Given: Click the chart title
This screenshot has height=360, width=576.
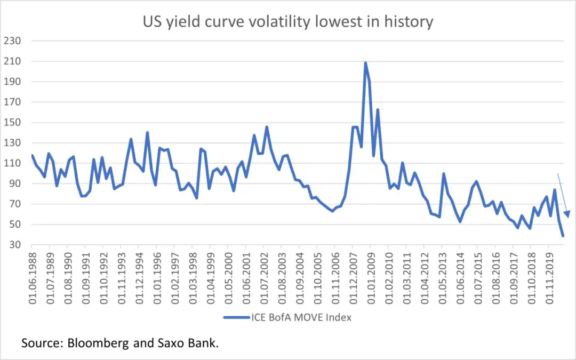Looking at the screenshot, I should pos(287,21).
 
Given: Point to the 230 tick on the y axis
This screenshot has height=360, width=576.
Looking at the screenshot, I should pos(13,41).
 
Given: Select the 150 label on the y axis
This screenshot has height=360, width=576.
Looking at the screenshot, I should pos(13,122).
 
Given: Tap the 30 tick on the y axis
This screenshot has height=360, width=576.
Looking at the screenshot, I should pos(16,245).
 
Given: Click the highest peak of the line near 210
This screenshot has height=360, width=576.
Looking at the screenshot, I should pos(365,63).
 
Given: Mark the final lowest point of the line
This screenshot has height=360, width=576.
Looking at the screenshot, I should pos(563,236).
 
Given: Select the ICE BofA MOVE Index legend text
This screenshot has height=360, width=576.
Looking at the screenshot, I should pos(301,317).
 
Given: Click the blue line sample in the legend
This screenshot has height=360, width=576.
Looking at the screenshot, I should pos(236,317).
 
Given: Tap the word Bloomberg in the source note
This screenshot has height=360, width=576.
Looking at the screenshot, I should pos(98,343).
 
